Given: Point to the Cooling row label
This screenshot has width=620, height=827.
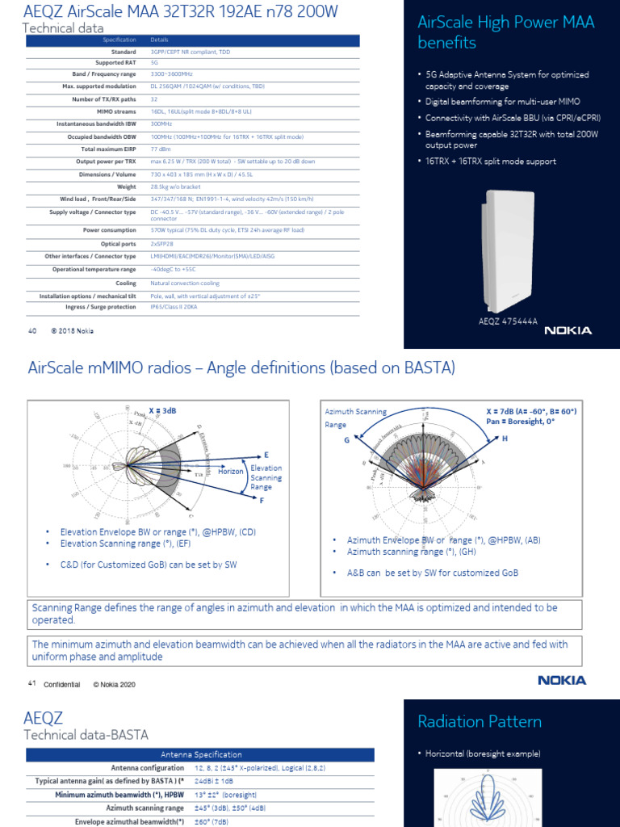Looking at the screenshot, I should (125, 283).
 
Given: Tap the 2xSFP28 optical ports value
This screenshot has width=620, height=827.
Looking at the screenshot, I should (165, 243).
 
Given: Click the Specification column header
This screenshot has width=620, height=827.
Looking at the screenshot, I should (119, 39).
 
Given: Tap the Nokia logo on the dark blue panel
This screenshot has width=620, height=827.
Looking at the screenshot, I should (568, 330).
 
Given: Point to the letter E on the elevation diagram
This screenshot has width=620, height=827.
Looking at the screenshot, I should (266, 455).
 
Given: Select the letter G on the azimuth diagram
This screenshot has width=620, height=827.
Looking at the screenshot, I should (346, 440).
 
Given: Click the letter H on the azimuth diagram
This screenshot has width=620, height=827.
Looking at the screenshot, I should (505, 438).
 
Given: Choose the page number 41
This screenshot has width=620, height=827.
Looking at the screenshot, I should (32, 684).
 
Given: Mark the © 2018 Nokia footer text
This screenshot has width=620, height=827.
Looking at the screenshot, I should (73, 330).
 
